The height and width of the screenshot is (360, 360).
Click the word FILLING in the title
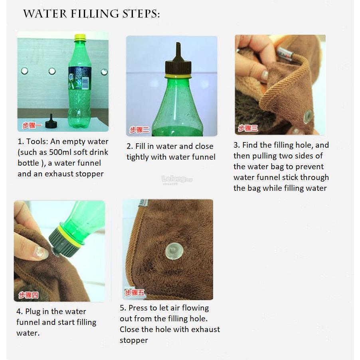pos(95,14)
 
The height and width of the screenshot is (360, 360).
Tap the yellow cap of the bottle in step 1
pos(80,38)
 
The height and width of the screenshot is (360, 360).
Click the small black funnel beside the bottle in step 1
pos(51,122)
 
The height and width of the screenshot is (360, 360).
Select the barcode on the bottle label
pos(85,83)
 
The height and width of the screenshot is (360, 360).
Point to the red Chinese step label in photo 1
pos(32,126)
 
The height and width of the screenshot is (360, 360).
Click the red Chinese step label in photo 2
pos(139,130)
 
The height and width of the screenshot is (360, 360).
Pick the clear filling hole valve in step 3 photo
pos(307,117)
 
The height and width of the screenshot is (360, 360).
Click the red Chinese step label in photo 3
pos(248,128)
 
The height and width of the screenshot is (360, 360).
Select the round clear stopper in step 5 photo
pos(174,251)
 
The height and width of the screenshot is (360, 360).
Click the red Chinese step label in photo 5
pos(135,293)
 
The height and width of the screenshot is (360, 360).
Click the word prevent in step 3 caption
pos(309,167)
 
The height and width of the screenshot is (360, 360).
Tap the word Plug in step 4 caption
pos(33,312)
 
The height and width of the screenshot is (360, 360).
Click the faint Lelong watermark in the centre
pos(177,179)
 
